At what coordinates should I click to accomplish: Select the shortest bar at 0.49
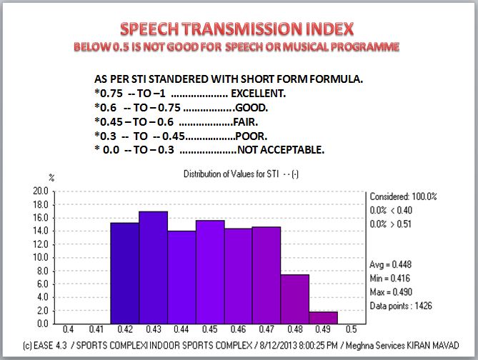323,318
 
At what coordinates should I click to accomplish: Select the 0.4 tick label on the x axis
69,330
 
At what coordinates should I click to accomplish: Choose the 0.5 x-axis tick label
351,330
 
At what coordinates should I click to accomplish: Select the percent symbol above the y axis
51,176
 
